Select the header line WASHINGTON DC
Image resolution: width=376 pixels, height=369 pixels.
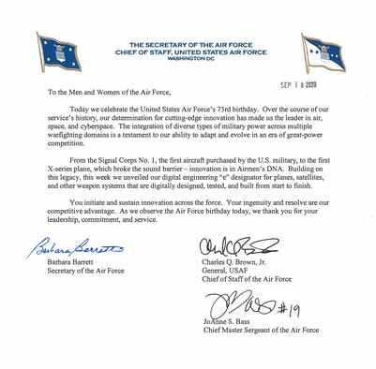pyautogui.click(x=187, y=58)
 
